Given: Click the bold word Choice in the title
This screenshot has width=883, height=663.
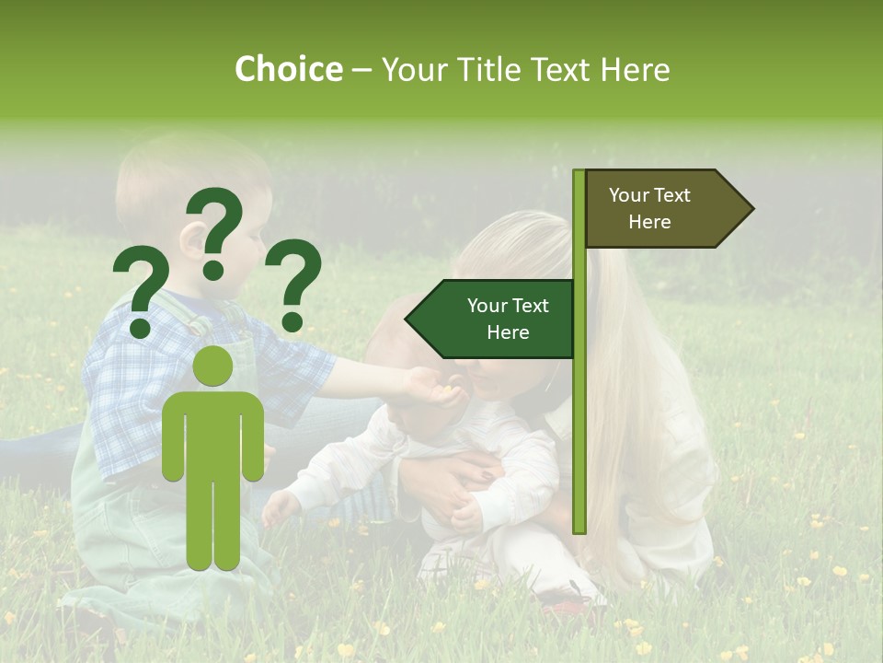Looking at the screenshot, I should pos(288,69).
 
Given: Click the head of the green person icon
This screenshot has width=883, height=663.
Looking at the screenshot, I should pos(213,366).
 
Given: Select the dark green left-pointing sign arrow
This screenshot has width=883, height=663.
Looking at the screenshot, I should pos(492,319).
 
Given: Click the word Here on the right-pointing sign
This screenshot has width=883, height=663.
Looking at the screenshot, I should pos(649,222).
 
